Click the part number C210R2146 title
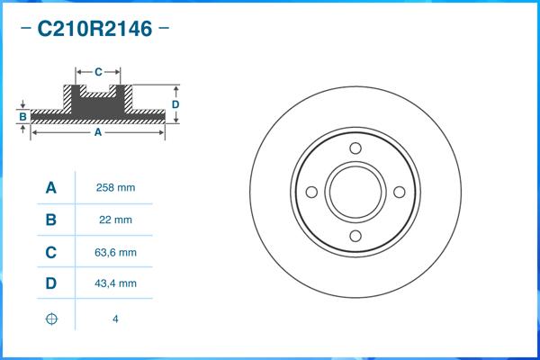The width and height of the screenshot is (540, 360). (x=94, y=29)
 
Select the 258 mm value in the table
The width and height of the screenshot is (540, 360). (x=115, y=188)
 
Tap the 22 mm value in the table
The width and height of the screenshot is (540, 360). (x=115, y=220)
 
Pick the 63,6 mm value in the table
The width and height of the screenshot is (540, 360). (x=115, y=252)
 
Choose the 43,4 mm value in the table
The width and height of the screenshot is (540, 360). (x=115, y=283)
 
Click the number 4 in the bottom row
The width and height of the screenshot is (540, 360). (x=115, y=319)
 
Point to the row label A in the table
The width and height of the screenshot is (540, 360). (x=51, y=188)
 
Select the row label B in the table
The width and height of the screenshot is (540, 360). (x=51, y=220)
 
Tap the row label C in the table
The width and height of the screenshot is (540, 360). (x=51, y=252)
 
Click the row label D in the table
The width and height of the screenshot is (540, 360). (x=51, y=283)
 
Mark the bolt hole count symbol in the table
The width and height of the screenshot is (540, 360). (x=51, y=319)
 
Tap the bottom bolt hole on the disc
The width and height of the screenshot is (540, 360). (x=355, y=236)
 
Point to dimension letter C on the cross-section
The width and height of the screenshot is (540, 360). (x=98, y=70)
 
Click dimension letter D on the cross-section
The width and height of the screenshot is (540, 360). (x=176, y=104)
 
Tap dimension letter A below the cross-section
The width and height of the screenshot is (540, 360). (x=97, y=132)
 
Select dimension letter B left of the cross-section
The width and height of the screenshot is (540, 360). (x=22, y=116)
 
